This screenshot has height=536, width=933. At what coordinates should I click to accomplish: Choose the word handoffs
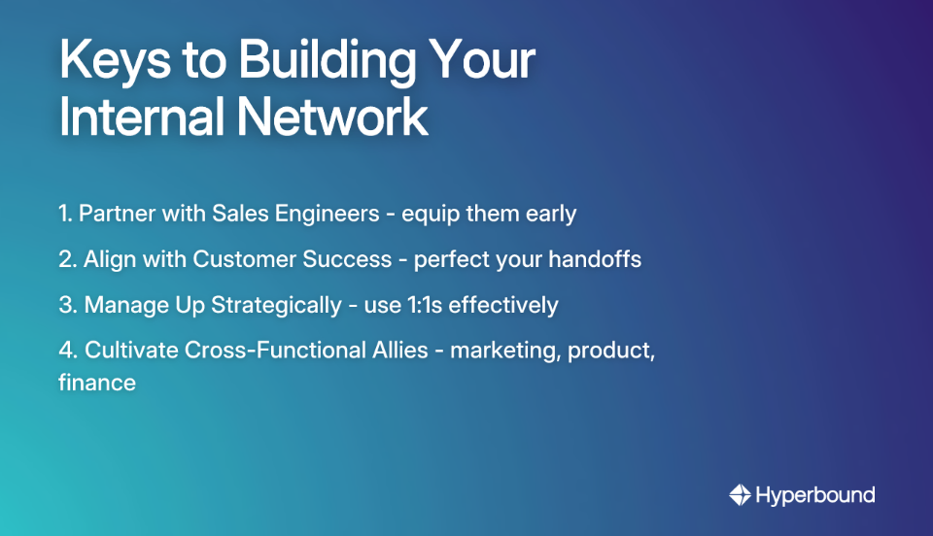click(594, 260)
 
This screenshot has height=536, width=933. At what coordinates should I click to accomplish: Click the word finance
click(96, 383)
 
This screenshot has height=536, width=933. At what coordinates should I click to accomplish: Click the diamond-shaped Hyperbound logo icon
click(741, 495)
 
